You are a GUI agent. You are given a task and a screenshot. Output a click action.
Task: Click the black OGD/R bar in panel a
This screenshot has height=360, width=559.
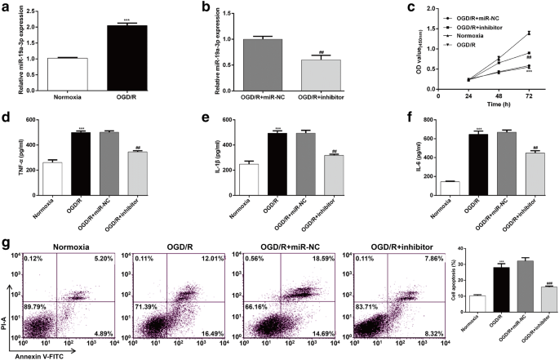121,56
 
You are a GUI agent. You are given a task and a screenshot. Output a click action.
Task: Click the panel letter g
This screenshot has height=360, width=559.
6,244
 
